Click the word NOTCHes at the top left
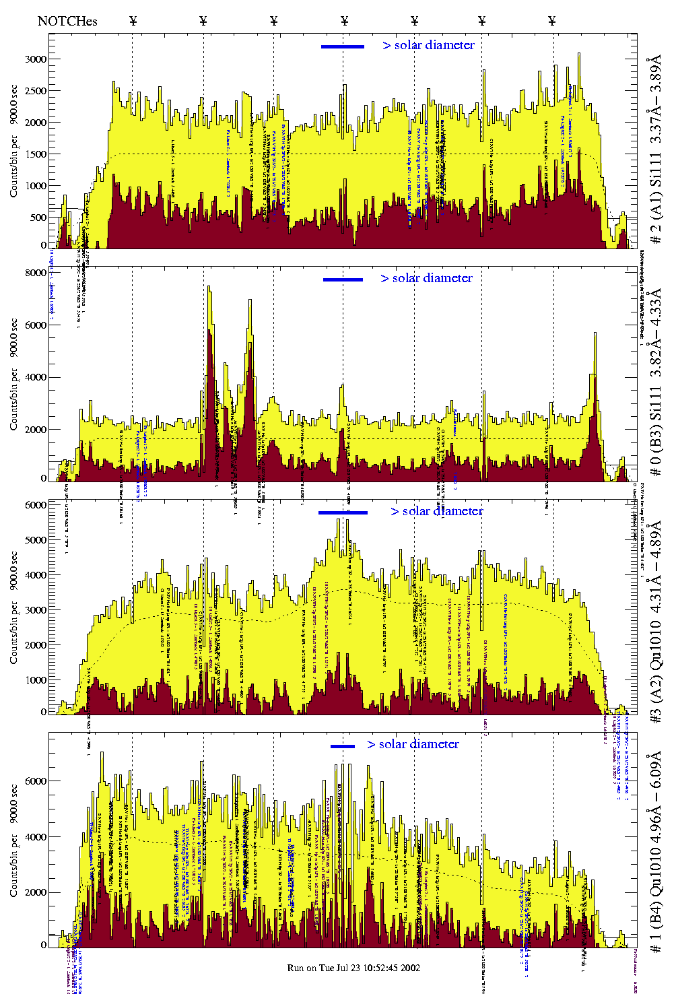pyautogui.click(x=67, y=21)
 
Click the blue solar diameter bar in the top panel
pyautogui.click(x=343, y=46)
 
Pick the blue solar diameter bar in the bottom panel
pyautogui.click(x=343, y=746)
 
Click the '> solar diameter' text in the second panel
pyautogui.click(x=426, y=278)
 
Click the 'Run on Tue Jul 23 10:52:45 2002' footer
pyautogui.click(x=353, y=968)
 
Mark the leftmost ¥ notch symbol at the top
pyautogui.click(x=133, y=21)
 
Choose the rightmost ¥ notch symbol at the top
pyautogui.click(x=552, y=21)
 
